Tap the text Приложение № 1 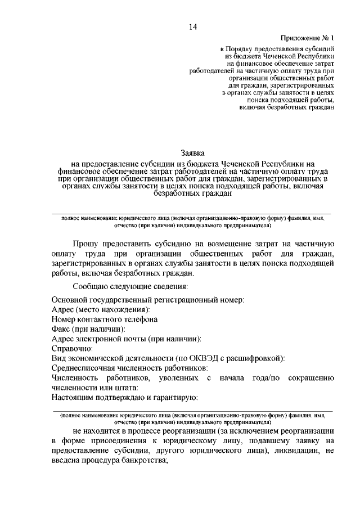point(308,38)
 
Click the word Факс point(60,328)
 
